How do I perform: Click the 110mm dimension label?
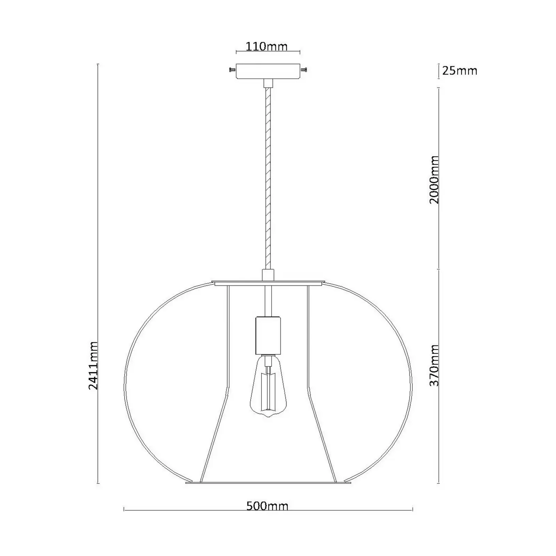267,46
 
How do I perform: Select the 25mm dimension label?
460,70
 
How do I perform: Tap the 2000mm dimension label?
434,179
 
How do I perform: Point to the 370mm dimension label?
434,365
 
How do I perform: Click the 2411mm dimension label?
93,365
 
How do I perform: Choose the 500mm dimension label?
267,506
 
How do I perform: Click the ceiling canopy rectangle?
268,71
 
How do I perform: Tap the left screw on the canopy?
232,70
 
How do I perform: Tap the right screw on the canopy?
304,70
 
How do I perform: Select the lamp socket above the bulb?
268,335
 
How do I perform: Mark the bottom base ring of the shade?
268,483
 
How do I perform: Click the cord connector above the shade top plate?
268,275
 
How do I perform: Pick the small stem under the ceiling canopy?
268,83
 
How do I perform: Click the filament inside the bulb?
268,389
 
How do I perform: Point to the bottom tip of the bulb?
268,417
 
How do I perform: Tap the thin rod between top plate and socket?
268,301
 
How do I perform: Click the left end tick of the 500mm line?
124,510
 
